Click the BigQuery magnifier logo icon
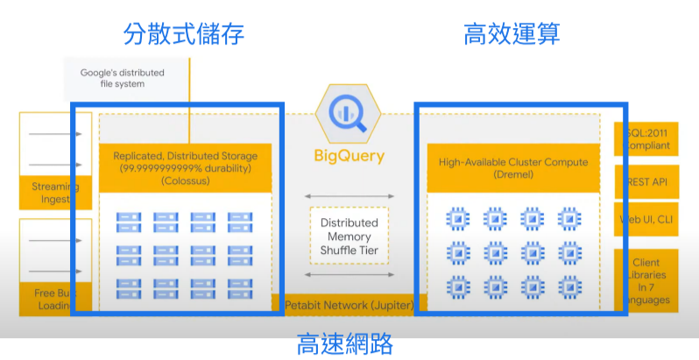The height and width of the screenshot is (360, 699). click(349, 112)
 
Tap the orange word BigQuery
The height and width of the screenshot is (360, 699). click(349, 157)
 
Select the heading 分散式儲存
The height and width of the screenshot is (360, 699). click(183, 34)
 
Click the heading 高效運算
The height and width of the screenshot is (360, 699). click(512, 34)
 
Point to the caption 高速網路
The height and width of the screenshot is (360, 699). click(345, 342)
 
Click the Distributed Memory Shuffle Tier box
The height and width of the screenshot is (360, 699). click(349, 236)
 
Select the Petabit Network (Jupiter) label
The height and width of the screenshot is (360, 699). click(349, 305)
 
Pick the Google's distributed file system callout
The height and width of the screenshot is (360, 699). click(123, 78)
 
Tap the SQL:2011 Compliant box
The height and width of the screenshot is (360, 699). click(649, 138)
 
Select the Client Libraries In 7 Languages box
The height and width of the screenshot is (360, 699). click(649, 281)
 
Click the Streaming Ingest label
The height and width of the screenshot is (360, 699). click(54, 192)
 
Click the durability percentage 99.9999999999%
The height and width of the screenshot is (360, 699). click(166, 168)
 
